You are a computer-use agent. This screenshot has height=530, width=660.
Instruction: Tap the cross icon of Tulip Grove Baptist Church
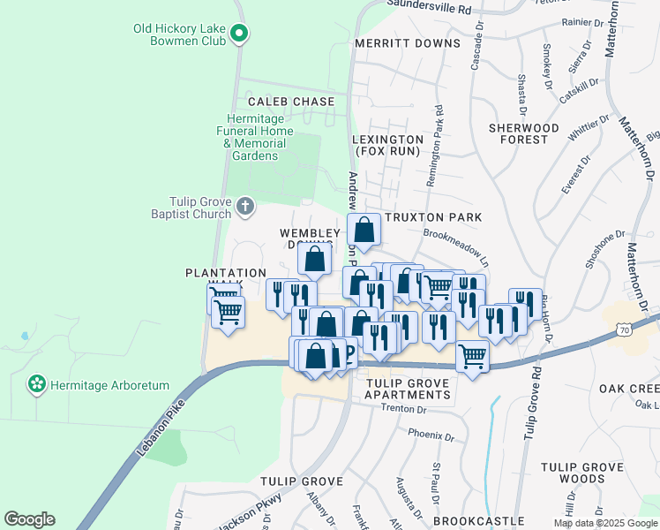tap(245, 208)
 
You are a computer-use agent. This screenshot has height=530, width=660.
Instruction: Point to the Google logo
tap(29, 519)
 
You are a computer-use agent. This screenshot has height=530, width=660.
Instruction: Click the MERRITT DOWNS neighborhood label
tap(408, 43)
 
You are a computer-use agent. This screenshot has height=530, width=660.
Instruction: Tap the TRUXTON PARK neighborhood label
tap(445, 217)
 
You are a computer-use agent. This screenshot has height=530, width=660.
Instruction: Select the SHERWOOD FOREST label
tap(524, 133)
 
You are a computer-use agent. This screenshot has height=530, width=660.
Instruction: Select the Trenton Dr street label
tap(404, 409)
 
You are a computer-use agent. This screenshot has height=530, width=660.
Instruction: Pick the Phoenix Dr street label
tap(431, 436)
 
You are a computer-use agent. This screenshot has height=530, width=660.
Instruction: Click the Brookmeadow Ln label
tap(455, 237)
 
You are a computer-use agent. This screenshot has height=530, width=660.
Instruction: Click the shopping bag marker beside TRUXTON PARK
tap(364, 231)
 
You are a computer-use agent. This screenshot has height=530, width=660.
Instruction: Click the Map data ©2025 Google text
tap(604, 523)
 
